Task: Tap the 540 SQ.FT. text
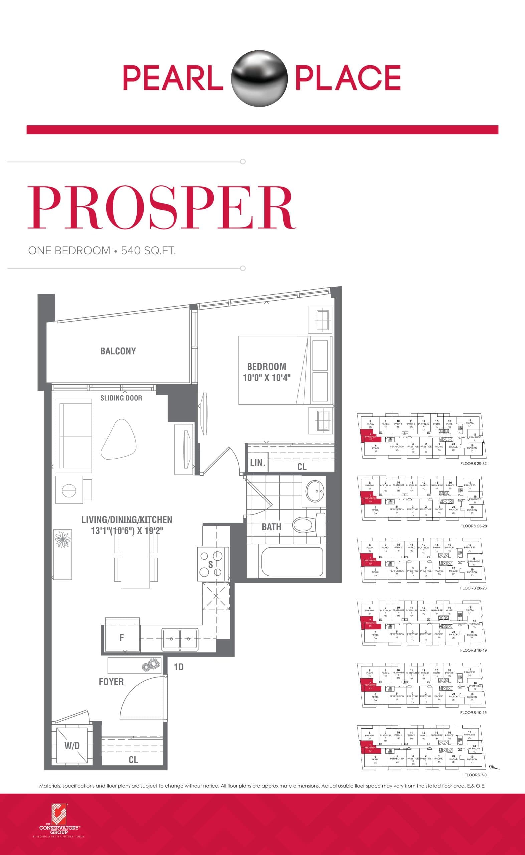click(148, 250)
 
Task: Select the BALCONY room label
click(118, 351)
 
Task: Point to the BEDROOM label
click(266, 367)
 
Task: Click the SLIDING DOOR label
click(121, 398)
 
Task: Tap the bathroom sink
click(314, 491)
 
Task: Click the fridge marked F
click(122, 637)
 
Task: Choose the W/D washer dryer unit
click(72, 746)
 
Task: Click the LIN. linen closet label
click(257, 462)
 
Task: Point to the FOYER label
click(111, 682)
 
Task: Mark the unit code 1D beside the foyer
click(178, 667)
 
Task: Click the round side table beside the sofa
click(69, 490)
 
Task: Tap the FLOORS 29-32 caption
click(473, 464)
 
